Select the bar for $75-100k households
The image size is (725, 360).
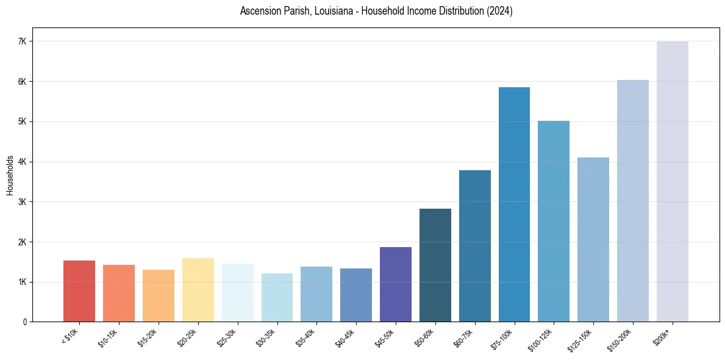tap(514, 204)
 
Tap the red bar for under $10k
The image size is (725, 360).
tap(79, 291)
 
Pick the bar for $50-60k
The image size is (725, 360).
tap(435, 265)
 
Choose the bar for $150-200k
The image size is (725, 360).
tap(632, 201)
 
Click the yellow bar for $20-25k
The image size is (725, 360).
tap(198, 290)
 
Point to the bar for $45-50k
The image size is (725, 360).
tap(396, 284)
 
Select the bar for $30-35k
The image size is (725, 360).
tap(277, 297)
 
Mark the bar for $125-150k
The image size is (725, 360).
tap(593, 239)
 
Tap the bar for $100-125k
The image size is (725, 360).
tap(554, 221)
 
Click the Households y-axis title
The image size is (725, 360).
tap(10, 175)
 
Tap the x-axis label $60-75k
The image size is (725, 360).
tap(463, 337)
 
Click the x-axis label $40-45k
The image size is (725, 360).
tap(344, 337)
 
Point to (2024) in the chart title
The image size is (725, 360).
tap(500, 11)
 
